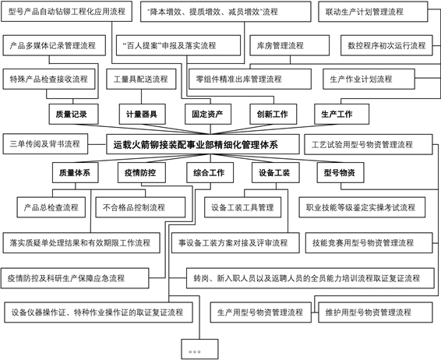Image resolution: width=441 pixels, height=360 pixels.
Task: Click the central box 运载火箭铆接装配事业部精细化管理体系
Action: [x=203, y=144]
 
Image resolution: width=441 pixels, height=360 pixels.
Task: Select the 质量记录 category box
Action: [x=74, y=115]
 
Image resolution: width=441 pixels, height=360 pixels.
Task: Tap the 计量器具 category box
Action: [x=143, y=115]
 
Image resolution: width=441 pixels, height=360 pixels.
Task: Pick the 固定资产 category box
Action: [x=208, y=115]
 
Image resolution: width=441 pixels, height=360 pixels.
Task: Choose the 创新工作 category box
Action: [x=273, y=115]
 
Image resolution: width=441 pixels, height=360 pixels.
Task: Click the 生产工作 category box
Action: [x=342, y=115]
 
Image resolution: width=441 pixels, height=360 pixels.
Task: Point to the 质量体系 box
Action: [x=76, y=173]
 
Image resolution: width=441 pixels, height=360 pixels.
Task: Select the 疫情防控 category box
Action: [x=142, y=173]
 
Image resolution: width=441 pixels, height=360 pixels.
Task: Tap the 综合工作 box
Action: [x=210, y=173]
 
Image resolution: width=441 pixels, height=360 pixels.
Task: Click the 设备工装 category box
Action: [x=276, y=173]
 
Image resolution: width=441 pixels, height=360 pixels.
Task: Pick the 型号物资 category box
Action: [x=340, y=173]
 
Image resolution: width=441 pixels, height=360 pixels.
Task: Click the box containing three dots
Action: [x=199, y=349]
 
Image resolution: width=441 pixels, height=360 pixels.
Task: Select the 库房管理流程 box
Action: [x=290, y=45]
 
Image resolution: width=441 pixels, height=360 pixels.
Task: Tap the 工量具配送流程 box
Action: [x=141, y=79]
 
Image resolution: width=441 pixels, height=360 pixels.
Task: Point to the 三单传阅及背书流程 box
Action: [x=45, y=144]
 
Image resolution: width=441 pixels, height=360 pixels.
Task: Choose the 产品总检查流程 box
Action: [x=51, y=207]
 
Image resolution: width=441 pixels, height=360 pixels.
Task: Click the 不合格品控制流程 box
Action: [x=140, y=207]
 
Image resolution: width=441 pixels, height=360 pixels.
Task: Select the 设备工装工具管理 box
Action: [x=243, y=207]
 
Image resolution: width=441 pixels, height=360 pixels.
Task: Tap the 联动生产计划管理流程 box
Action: [x=373, y=12]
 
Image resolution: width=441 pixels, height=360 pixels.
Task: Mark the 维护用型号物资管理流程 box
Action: [x=376, y=312]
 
